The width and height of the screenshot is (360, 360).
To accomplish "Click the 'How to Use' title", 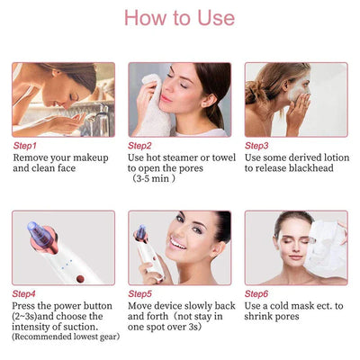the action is pyautogui.click(x=179, y=18).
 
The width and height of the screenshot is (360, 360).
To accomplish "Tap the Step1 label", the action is pyautogui.click(x=24, y=146).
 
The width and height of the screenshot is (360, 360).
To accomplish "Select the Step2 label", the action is pyautogui.click(x=139, y=146).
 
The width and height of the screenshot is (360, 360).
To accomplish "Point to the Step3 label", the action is pyautogui.click(x=256, y=146).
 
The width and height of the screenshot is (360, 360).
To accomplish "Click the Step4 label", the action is pyautogui.click(x=23, y=294).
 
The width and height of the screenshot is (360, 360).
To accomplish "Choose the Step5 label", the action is pyautogui.click(x=140, y=294).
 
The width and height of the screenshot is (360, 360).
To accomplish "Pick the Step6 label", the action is pyautogui.click(x=256, y=294).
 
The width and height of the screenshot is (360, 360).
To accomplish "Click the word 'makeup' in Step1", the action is pyautogui.click(x=91, y=158).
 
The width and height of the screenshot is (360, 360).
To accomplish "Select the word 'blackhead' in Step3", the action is pyautogui.click(x=311, y=168).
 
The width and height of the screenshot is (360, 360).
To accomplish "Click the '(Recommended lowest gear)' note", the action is pyautogui.click(x=66, y=337).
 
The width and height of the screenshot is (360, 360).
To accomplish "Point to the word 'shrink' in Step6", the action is pyautogui.click(x=256, y=316).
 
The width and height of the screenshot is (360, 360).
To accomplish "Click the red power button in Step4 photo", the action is pyautogui.click(x=80, y=279).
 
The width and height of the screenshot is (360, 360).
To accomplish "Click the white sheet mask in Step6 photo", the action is pyautogui.click(x=325, y=245).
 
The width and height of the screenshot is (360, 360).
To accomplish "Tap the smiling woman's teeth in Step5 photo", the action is pyautogui.click(x=177, y=244).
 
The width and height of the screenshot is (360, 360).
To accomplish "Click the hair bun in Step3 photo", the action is pyautogui.click(x=253, y=93).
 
